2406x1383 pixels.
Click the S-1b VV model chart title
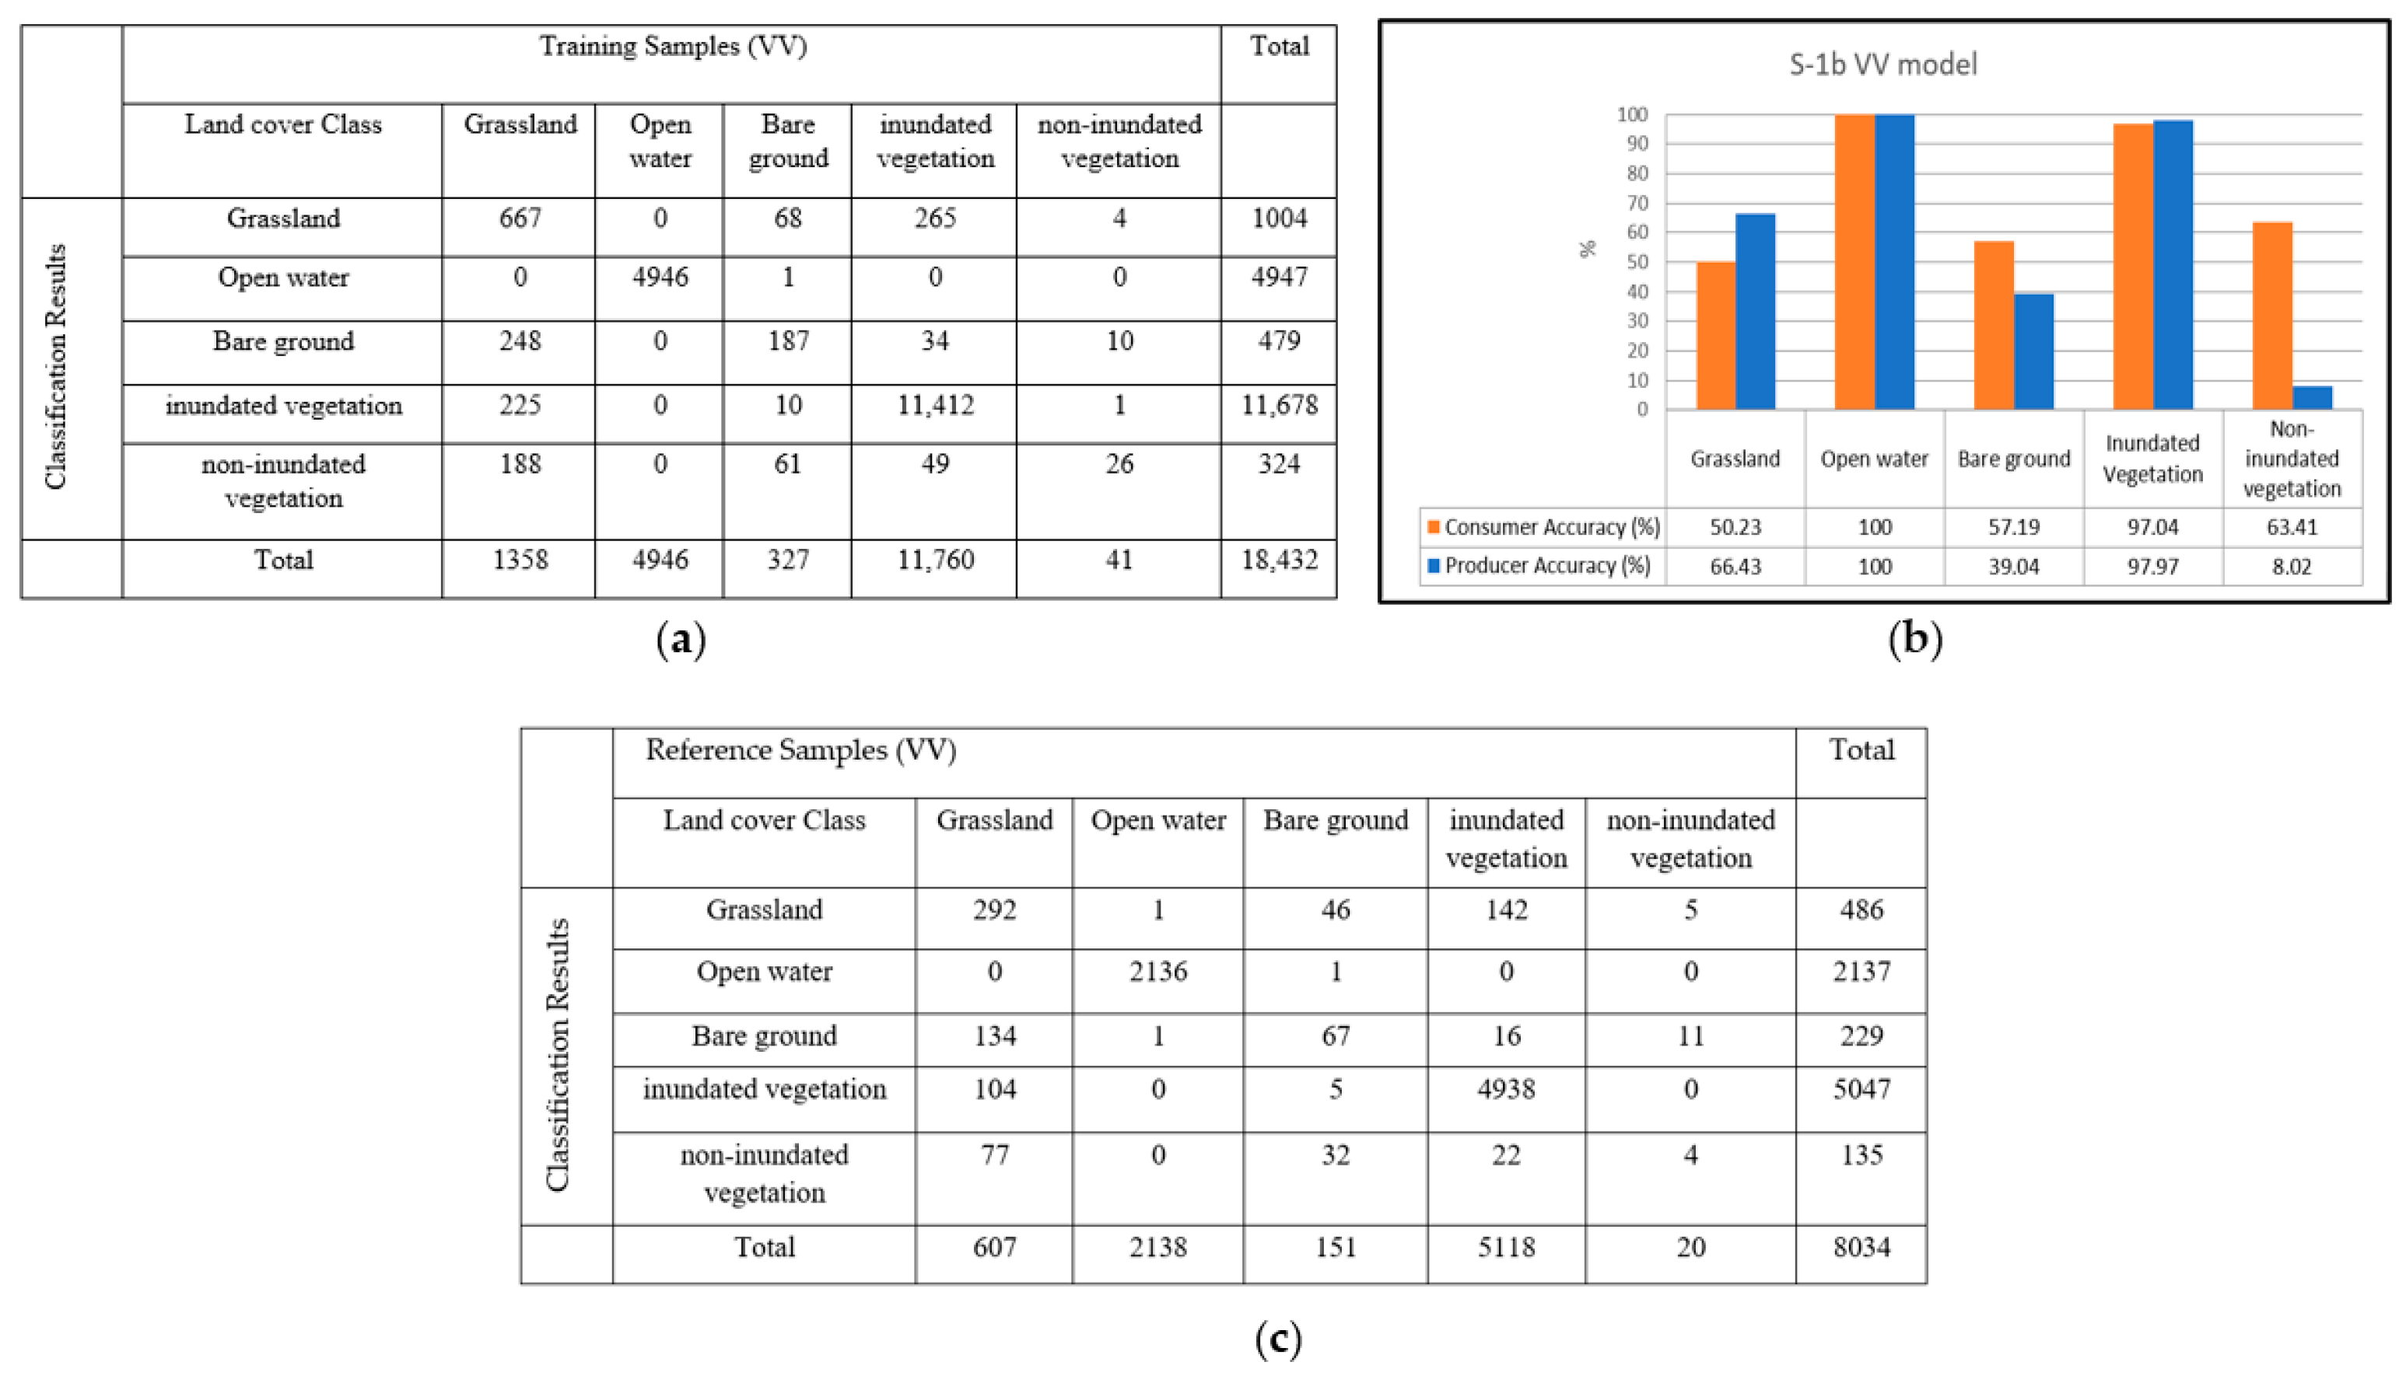coord(1882,65)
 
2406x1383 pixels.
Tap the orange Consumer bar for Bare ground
coord(1993,325)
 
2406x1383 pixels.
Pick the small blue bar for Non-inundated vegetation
coord(2312,398)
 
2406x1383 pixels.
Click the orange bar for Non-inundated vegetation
coord(2271,316)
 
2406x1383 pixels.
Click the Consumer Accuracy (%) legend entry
coord(1543,527)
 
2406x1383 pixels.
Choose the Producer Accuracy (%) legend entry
coord(1539,566)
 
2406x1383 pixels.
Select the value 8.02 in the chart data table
coord(2291,567)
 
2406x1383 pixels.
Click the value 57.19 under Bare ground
coord(2013,527)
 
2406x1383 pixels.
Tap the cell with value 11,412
coord(935,406)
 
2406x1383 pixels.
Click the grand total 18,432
coord(1279,560)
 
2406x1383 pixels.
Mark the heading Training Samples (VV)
coord(673,46)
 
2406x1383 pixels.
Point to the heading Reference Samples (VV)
coord(800,749)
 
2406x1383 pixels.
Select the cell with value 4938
coord(1506,1088)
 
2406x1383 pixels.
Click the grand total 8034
coord(1861,1246)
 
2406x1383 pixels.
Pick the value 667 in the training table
coord(520,218)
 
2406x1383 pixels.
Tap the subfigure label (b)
coord(1914,638)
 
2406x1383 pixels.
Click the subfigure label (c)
coord(1277,1339)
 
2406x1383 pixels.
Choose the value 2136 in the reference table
coord(1157,971)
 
